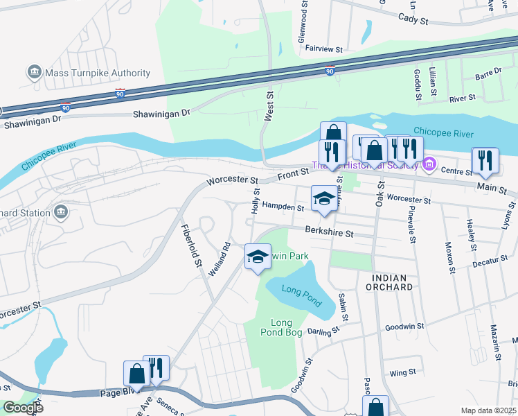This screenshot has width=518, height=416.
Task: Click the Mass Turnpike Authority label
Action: [x=98, y=73]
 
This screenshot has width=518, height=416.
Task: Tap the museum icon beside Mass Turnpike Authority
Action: [x=33, y=72]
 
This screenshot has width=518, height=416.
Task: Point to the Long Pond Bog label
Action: [x=282, y=328]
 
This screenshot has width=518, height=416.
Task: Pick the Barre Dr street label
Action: [x=488, y=73]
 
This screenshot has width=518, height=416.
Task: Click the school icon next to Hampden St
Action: [x=323, y=199]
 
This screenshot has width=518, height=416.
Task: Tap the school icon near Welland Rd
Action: [x=258, y=257]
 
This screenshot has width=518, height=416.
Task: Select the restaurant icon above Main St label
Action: [x=485, y=160]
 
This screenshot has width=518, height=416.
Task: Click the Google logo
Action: [x=22, y=408]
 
